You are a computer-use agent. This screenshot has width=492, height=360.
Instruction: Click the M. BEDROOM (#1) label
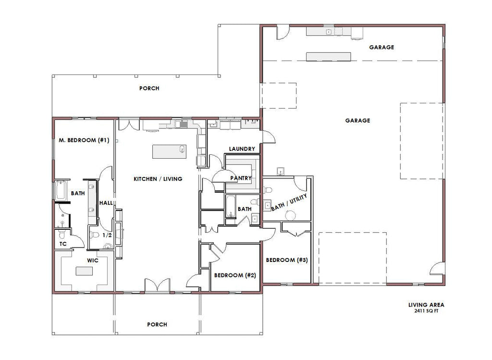(84, 140)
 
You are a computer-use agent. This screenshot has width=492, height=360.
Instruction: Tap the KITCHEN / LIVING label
(158, 179)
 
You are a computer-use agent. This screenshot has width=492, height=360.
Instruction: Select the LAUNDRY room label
(242, 149)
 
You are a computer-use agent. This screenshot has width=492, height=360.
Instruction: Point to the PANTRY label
(241, 178)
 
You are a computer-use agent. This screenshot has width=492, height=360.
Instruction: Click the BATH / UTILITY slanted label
(289, 202)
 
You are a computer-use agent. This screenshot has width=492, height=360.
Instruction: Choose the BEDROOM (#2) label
(235, 275)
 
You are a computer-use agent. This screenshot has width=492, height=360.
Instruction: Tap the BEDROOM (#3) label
(287, 260)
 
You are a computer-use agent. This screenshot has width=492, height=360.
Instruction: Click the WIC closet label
(93, 261)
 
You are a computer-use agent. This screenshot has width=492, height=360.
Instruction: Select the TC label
(63, 244)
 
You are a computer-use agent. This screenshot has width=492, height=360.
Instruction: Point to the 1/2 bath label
(107, 235)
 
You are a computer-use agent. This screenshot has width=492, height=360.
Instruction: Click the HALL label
(106, 203)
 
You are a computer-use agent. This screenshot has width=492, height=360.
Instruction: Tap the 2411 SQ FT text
(426, 311)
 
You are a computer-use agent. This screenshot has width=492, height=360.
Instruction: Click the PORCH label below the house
(157, 324)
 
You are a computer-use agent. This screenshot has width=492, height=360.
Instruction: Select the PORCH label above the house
(149, 88)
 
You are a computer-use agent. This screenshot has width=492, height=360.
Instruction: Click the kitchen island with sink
(170, 151)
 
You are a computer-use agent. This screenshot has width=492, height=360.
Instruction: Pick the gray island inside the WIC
(84, 271)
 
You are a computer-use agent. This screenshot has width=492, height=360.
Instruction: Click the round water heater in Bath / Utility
(291, 215)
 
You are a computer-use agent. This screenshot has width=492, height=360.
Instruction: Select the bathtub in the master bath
(61, 190)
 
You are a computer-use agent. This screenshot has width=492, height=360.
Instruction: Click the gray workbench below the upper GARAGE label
(329, 57)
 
